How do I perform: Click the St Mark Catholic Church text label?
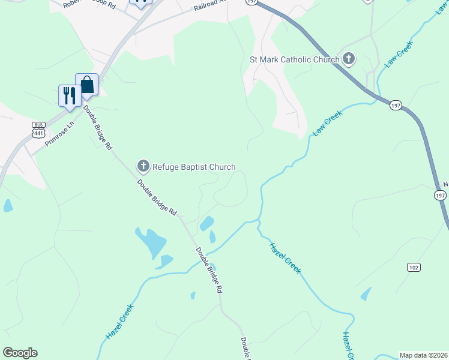click(x=294, y=59)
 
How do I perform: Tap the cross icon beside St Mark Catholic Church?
click(x=349, y=59)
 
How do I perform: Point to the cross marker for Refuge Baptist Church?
click(x=143, y=166)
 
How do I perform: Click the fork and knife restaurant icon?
click(x=70, y=95)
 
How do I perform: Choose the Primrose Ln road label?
click(x=58, y=132)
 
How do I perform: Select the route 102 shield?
click(x=412, y=267)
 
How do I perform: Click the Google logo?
click(x=20, y=353)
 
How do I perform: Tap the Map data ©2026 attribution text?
click(x=424, y=355)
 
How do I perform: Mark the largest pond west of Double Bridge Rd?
click(x=150, y=242)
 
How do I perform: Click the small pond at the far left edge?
click(x=8, y=206)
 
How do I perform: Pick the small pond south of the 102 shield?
click(x=366, y=294)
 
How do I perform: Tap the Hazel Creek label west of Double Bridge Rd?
click(x=120, y=322)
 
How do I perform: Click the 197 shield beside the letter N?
click(x=441, y=196)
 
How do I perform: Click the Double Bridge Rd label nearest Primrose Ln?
click(x=98, y=127)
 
